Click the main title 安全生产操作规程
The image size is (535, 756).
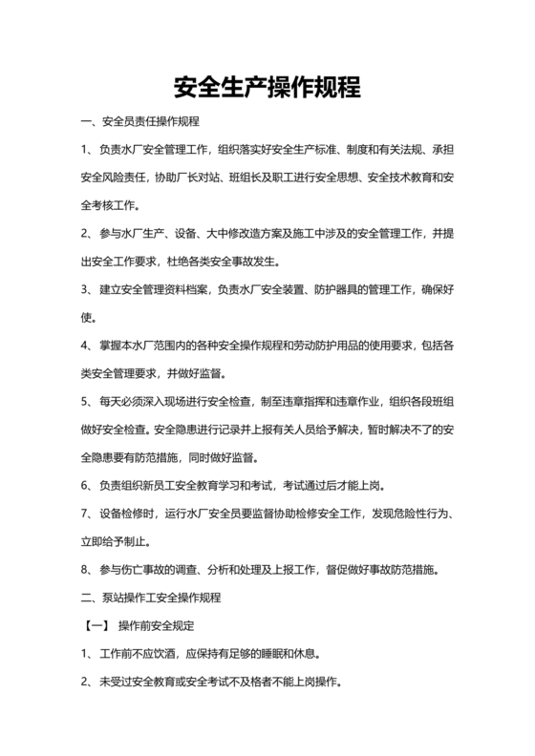[267, 88]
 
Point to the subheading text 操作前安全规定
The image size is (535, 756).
[156, 627]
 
